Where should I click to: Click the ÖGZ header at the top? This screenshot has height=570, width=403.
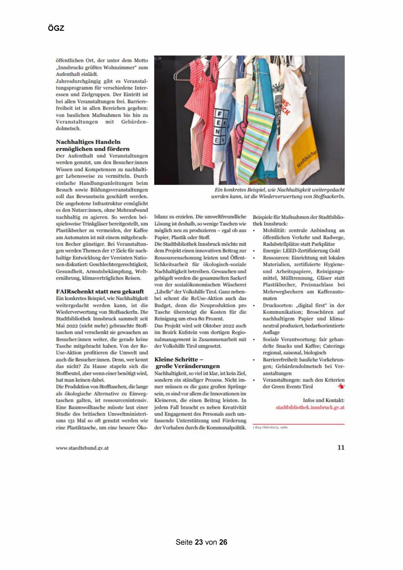pos(56,28)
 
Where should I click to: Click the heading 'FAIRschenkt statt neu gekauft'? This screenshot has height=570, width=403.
pos(100,291)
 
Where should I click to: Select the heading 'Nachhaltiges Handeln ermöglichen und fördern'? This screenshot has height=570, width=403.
pos(93,145)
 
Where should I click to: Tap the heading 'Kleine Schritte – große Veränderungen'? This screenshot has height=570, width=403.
pos(187,363)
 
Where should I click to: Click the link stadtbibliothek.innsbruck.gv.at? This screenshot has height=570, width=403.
pos(310,407)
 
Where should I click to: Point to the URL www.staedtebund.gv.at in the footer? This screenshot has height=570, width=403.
pos(82,448)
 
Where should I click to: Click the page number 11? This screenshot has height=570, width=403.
pos(341,447)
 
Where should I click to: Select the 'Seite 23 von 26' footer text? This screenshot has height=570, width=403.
pos(201,542)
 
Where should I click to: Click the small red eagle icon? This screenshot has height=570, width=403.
pos(341,386)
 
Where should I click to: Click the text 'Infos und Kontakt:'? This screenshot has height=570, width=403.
pos(323,400)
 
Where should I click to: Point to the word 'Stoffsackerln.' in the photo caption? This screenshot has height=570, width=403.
pos(329,197)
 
